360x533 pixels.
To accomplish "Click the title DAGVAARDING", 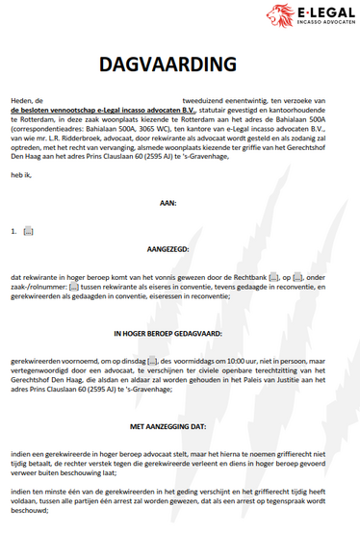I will [x=167, y=65].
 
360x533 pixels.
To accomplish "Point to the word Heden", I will [x=21, y=100].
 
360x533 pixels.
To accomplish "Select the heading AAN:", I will [x=168, y=203].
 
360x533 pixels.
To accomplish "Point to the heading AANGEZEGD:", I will [x=168, y=260].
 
